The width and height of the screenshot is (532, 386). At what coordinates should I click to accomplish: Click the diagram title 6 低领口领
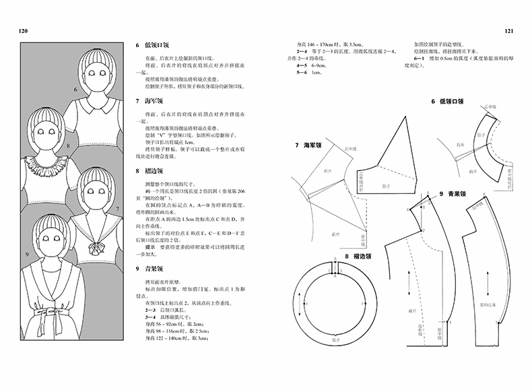pos(446,102)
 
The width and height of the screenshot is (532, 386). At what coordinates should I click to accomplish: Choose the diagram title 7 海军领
pos(310,146)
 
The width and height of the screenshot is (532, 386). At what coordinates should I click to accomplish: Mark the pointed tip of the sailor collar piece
pos(409,116)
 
